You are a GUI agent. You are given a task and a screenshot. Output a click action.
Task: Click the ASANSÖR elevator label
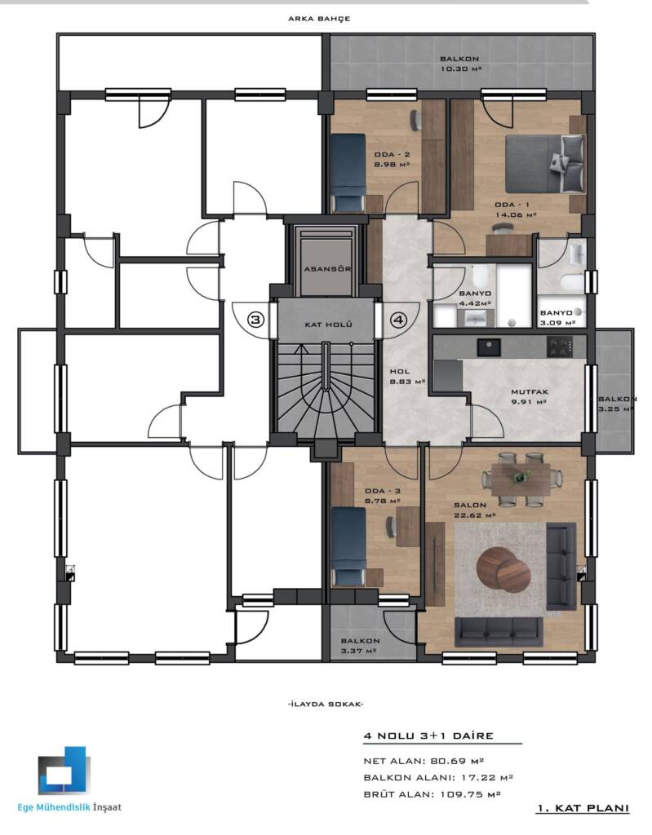point(327,268)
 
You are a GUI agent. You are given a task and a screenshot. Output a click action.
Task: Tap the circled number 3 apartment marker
point(256,320)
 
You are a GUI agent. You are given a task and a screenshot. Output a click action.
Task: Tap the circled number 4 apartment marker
point(399,320)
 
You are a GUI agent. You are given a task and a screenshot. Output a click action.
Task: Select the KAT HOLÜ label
point(328,324)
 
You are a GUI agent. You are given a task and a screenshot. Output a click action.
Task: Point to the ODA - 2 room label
point(392,155)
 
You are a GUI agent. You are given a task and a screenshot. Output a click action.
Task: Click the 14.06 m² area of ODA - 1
point(516,215)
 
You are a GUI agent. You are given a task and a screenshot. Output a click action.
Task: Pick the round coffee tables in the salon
point(503,570)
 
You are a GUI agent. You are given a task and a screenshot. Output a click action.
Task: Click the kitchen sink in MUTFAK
point(489,347)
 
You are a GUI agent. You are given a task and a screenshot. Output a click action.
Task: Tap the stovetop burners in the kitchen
point(561,347)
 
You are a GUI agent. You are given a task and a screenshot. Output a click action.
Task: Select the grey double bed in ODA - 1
point(545,163)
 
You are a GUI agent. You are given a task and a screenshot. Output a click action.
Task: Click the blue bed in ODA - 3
point(348,547)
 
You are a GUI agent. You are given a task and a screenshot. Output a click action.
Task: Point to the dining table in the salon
point(521,478)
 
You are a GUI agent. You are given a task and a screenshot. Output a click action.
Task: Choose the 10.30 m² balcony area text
point(461,69)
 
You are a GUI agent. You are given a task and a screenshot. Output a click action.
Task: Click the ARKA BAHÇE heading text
point(319,19)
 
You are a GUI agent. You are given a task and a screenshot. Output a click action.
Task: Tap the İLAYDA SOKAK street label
point(326,704)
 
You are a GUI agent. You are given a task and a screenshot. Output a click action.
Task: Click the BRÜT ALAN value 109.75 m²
point(470,794)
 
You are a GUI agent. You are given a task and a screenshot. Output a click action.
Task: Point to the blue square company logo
point(64,771)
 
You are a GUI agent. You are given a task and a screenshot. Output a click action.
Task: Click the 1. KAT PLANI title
point(583,808)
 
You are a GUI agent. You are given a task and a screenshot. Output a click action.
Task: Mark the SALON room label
point(470,505)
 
